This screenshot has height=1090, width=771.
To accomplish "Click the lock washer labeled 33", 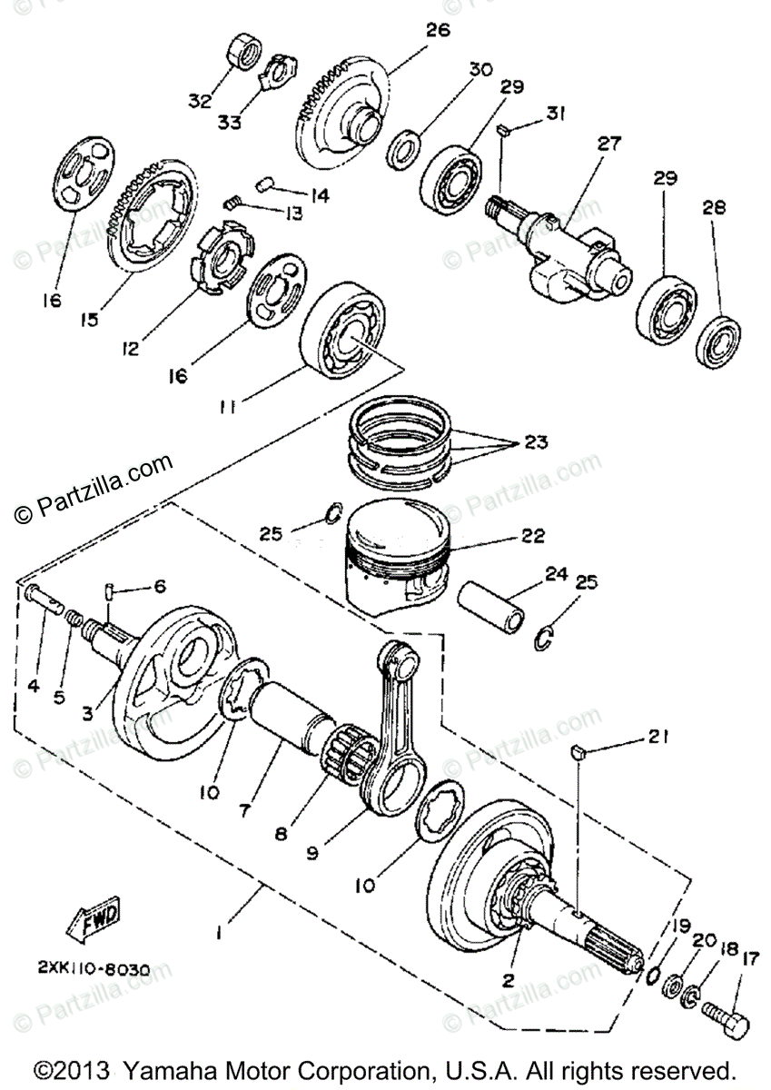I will [x=276, y=70].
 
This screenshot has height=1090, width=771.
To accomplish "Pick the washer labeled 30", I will [x=404, y=146].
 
